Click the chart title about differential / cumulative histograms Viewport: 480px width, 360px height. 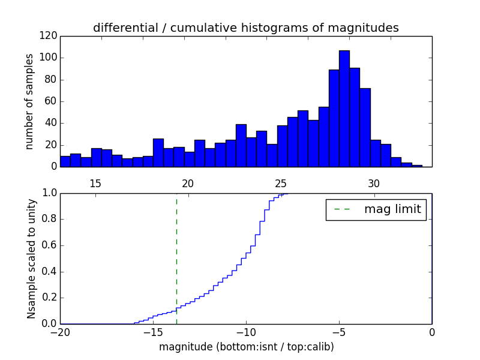(x=245, y=28)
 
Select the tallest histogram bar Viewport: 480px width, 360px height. (x=344, y=109)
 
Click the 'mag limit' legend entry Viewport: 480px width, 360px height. (x=376, y=209)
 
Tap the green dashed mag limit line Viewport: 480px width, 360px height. (x=176, y=258)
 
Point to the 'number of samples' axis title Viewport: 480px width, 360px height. (x=29, y=101)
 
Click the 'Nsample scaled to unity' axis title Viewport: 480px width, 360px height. (x=31, y=258)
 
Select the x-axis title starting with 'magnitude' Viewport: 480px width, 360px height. (x=246, y=347)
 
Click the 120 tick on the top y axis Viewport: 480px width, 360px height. (x=49, y=36)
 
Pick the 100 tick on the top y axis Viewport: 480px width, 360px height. (x=49, y=58)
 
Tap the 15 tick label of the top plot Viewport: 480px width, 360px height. (x=95, y=184)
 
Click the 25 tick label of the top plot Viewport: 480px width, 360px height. (x=281, y=184)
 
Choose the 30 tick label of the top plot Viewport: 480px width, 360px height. (x=374, y=184)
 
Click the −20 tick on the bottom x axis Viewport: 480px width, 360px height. (x=60, y=332)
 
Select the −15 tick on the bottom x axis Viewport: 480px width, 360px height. (x=153, y=332)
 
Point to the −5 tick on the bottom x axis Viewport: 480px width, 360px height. (x=339, y=332)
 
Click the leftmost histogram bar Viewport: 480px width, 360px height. (x=65, y=161)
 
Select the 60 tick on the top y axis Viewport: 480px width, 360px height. (x=52, y=101)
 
